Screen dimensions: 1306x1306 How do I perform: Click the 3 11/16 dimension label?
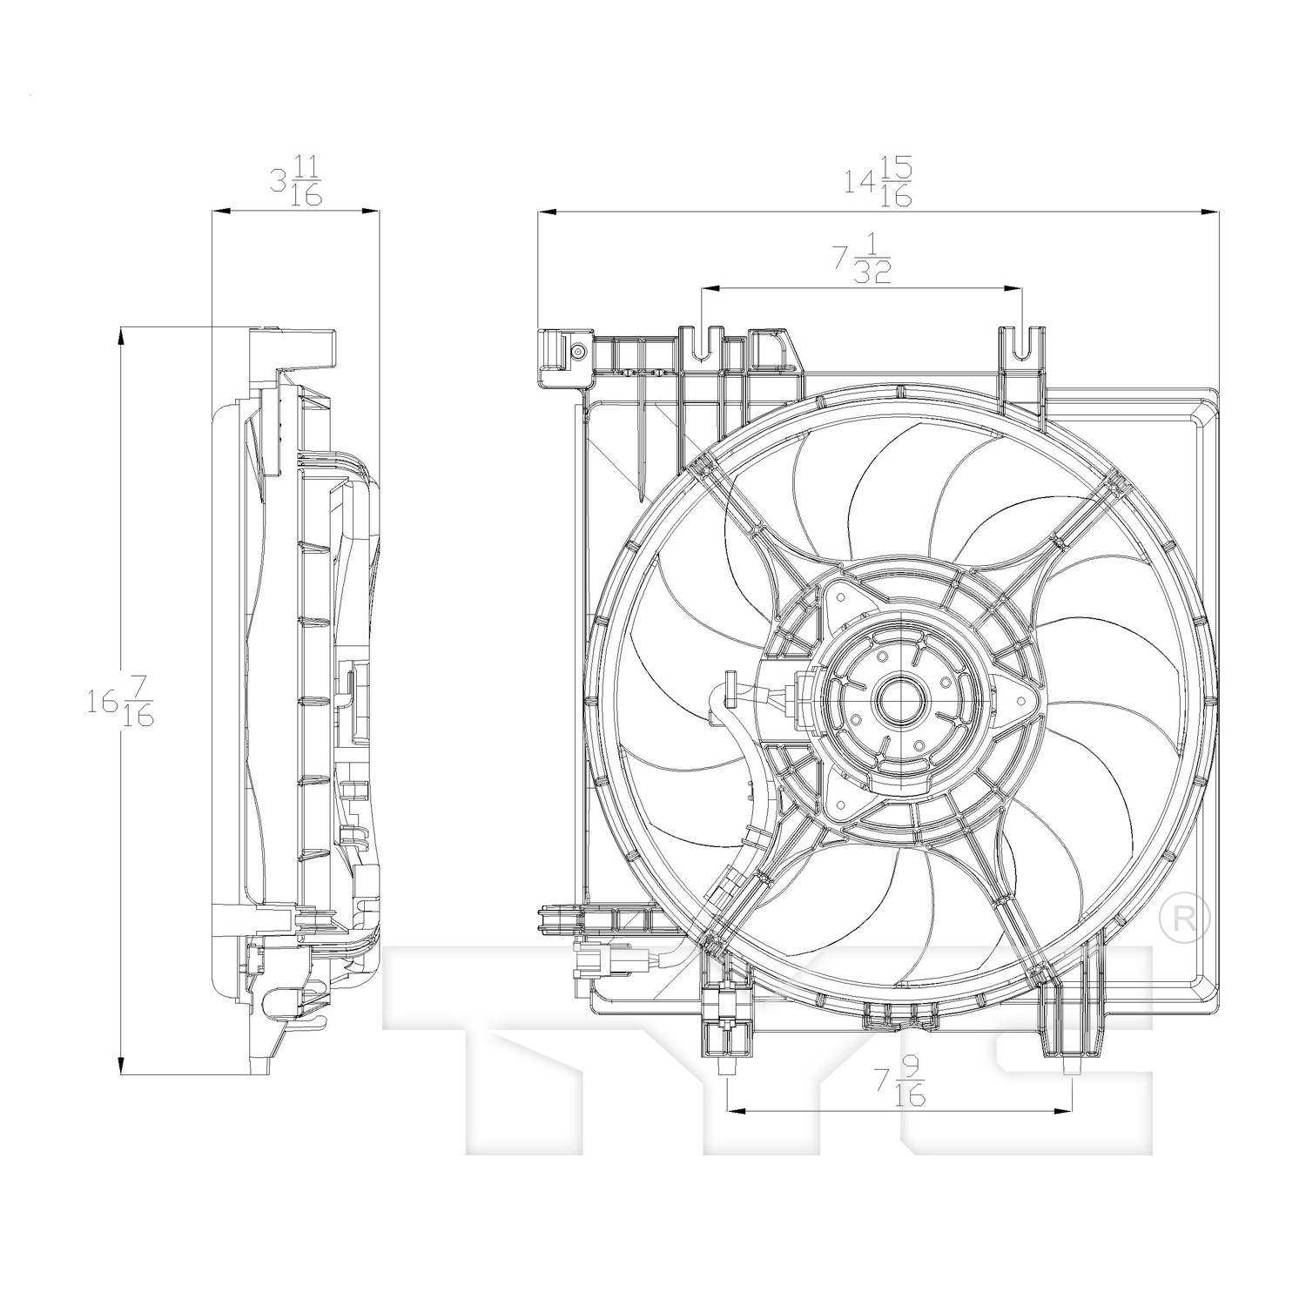pos(296,182)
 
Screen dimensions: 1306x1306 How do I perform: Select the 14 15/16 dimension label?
pos(878,182)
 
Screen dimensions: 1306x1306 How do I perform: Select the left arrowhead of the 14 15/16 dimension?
pos(549,211)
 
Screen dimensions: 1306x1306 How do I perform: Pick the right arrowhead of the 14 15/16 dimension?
pos(1206,211)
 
